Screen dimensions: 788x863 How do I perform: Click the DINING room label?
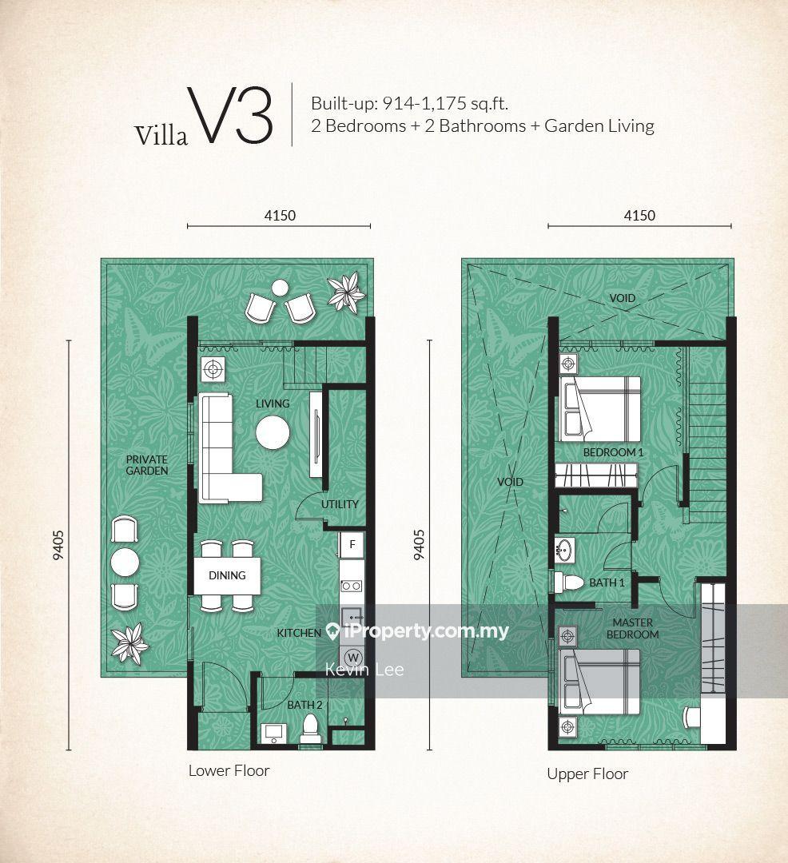(x=227, y=575)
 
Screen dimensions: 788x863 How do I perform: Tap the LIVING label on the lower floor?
(x=273, y=404)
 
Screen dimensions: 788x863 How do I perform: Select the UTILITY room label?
(x=340, y=504)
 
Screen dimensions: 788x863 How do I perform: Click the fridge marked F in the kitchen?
(x=352, y=545)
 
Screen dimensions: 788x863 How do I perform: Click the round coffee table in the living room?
(x=273, y=432)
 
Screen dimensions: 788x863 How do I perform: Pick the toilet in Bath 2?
(x=311, y=729)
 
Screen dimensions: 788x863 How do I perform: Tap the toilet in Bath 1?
(x=569, y=583)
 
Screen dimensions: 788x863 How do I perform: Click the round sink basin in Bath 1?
(x=565, y=551)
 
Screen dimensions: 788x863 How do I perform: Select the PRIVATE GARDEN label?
(x=147, y=465)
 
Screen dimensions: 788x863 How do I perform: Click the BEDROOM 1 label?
(x=613, y=452)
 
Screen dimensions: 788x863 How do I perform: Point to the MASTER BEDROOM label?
(x=633, y=629)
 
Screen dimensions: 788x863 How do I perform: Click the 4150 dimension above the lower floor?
(x=280, y=215)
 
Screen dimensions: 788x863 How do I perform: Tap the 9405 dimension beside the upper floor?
(x=420, y=545)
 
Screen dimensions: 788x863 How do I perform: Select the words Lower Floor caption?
(x=229, y=770)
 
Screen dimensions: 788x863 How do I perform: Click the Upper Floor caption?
(x=587, y=774)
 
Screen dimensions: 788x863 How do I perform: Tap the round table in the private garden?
(x=125, y=563)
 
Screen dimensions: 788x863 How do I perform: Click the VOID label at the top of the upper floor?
(x=623, y=298)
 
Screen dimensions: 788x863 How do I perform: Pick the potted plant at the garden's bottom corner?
(x=129, y=642)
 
